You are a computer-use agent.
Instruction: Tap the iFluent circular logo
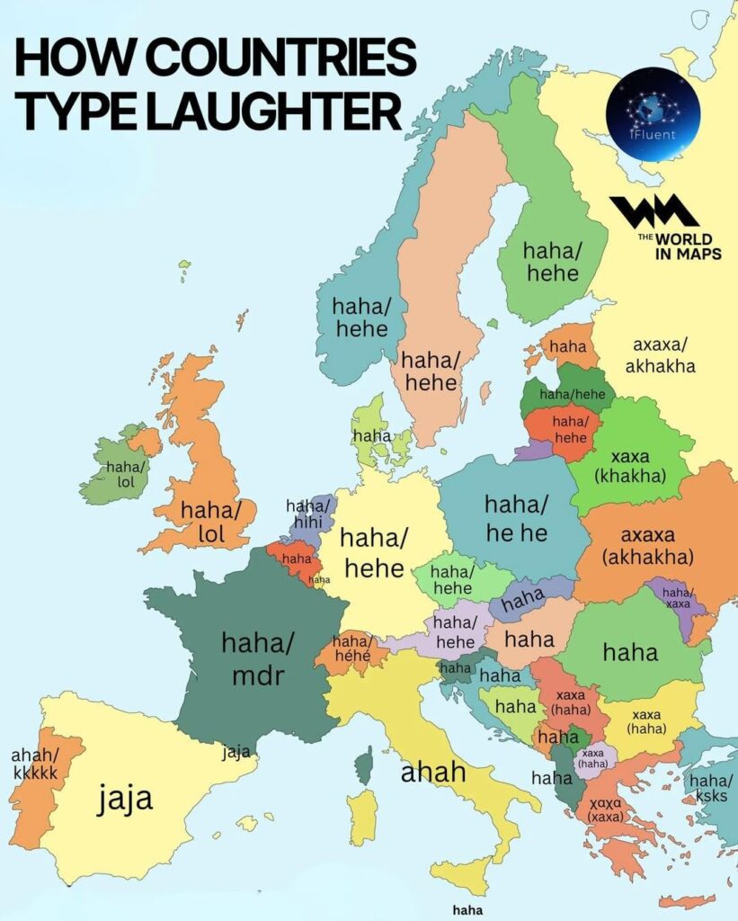(x=653, y=114)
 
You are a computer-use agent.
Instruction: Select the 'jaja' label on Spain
(x=126, y=797)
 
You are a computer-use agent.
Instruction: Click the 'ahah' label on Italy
(x=433, y=772)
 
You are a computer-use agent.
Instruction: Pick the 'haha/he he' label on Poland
(x=516, y=519)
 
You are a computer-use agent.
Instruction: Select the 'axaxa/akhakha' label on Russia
(x=663, y=355)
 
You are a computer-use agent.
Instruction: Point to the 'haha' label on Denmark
(x=372, y=436)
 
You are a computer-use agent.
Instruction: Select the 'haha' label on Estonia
(x=568, y=346)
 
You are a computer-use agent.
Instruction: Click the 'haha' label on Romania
(x=630, y=652)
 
